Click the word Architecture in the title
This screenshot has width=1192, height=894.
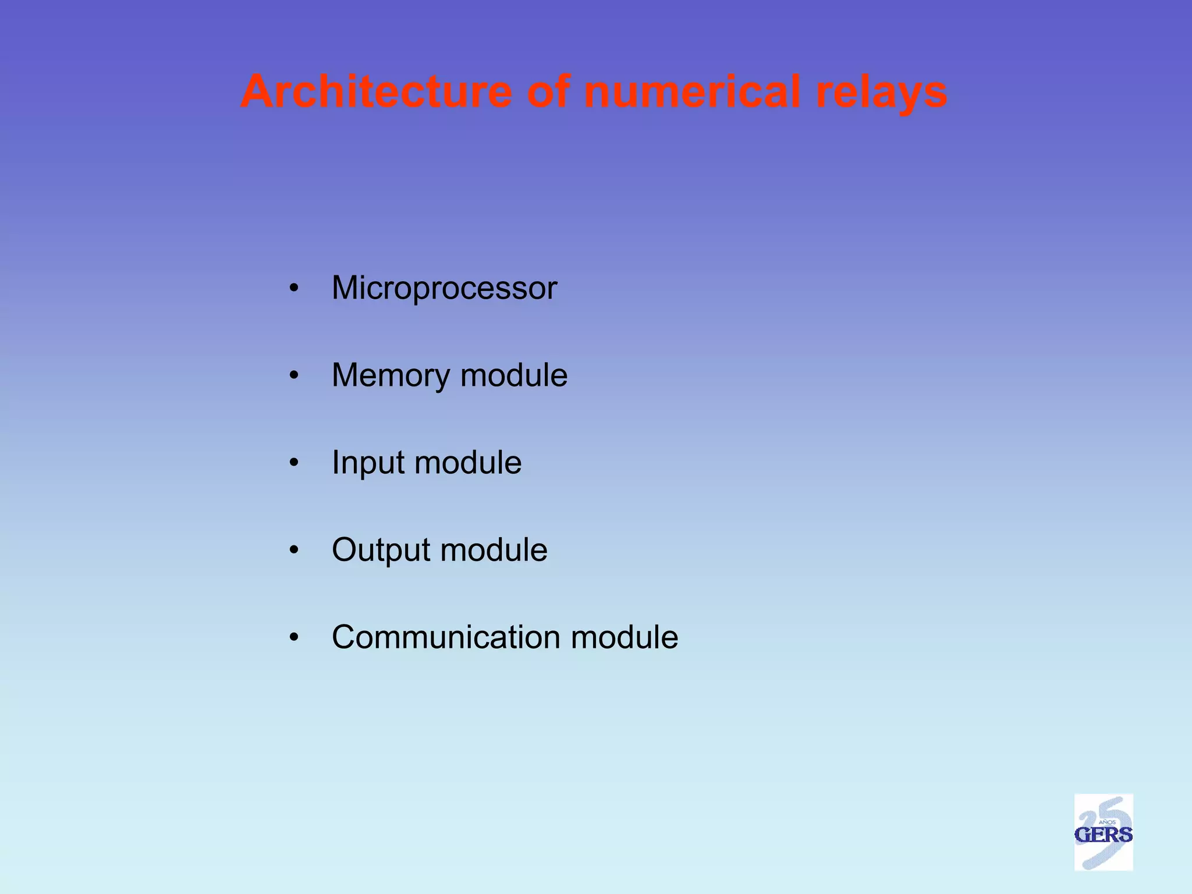coord(377,91)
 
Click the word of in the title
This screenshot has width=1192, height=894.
coord(548,91)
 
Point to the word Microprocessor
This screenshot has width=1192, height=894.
coord(444,288)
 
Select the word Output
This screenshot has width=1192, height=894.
coord(379,550)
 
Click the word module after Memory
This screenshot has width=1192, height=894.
coord(514,375)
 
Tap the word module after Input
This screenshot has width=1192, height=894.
coord(468,463)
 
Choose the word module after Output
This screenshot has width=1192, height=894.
coord(494,550)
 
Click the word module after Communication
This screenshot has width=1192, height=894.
coord(625,637)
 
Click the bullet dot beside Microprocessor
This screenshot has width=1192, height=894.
coord(294,288)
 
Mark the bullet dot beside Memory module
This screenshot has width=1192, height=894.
coord(294,375)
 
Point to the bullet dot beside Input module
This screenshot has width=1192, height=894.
coord(294,463)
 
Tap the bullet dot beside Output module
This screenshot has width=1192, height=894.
coord(294,550)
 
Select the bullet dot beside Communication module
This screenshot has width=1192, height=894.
coord(294,637)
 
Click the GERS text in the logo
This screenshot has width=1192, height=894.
coord(1103,835)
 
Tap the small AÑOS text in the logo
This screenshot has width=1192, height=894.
coord(1106,822)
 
